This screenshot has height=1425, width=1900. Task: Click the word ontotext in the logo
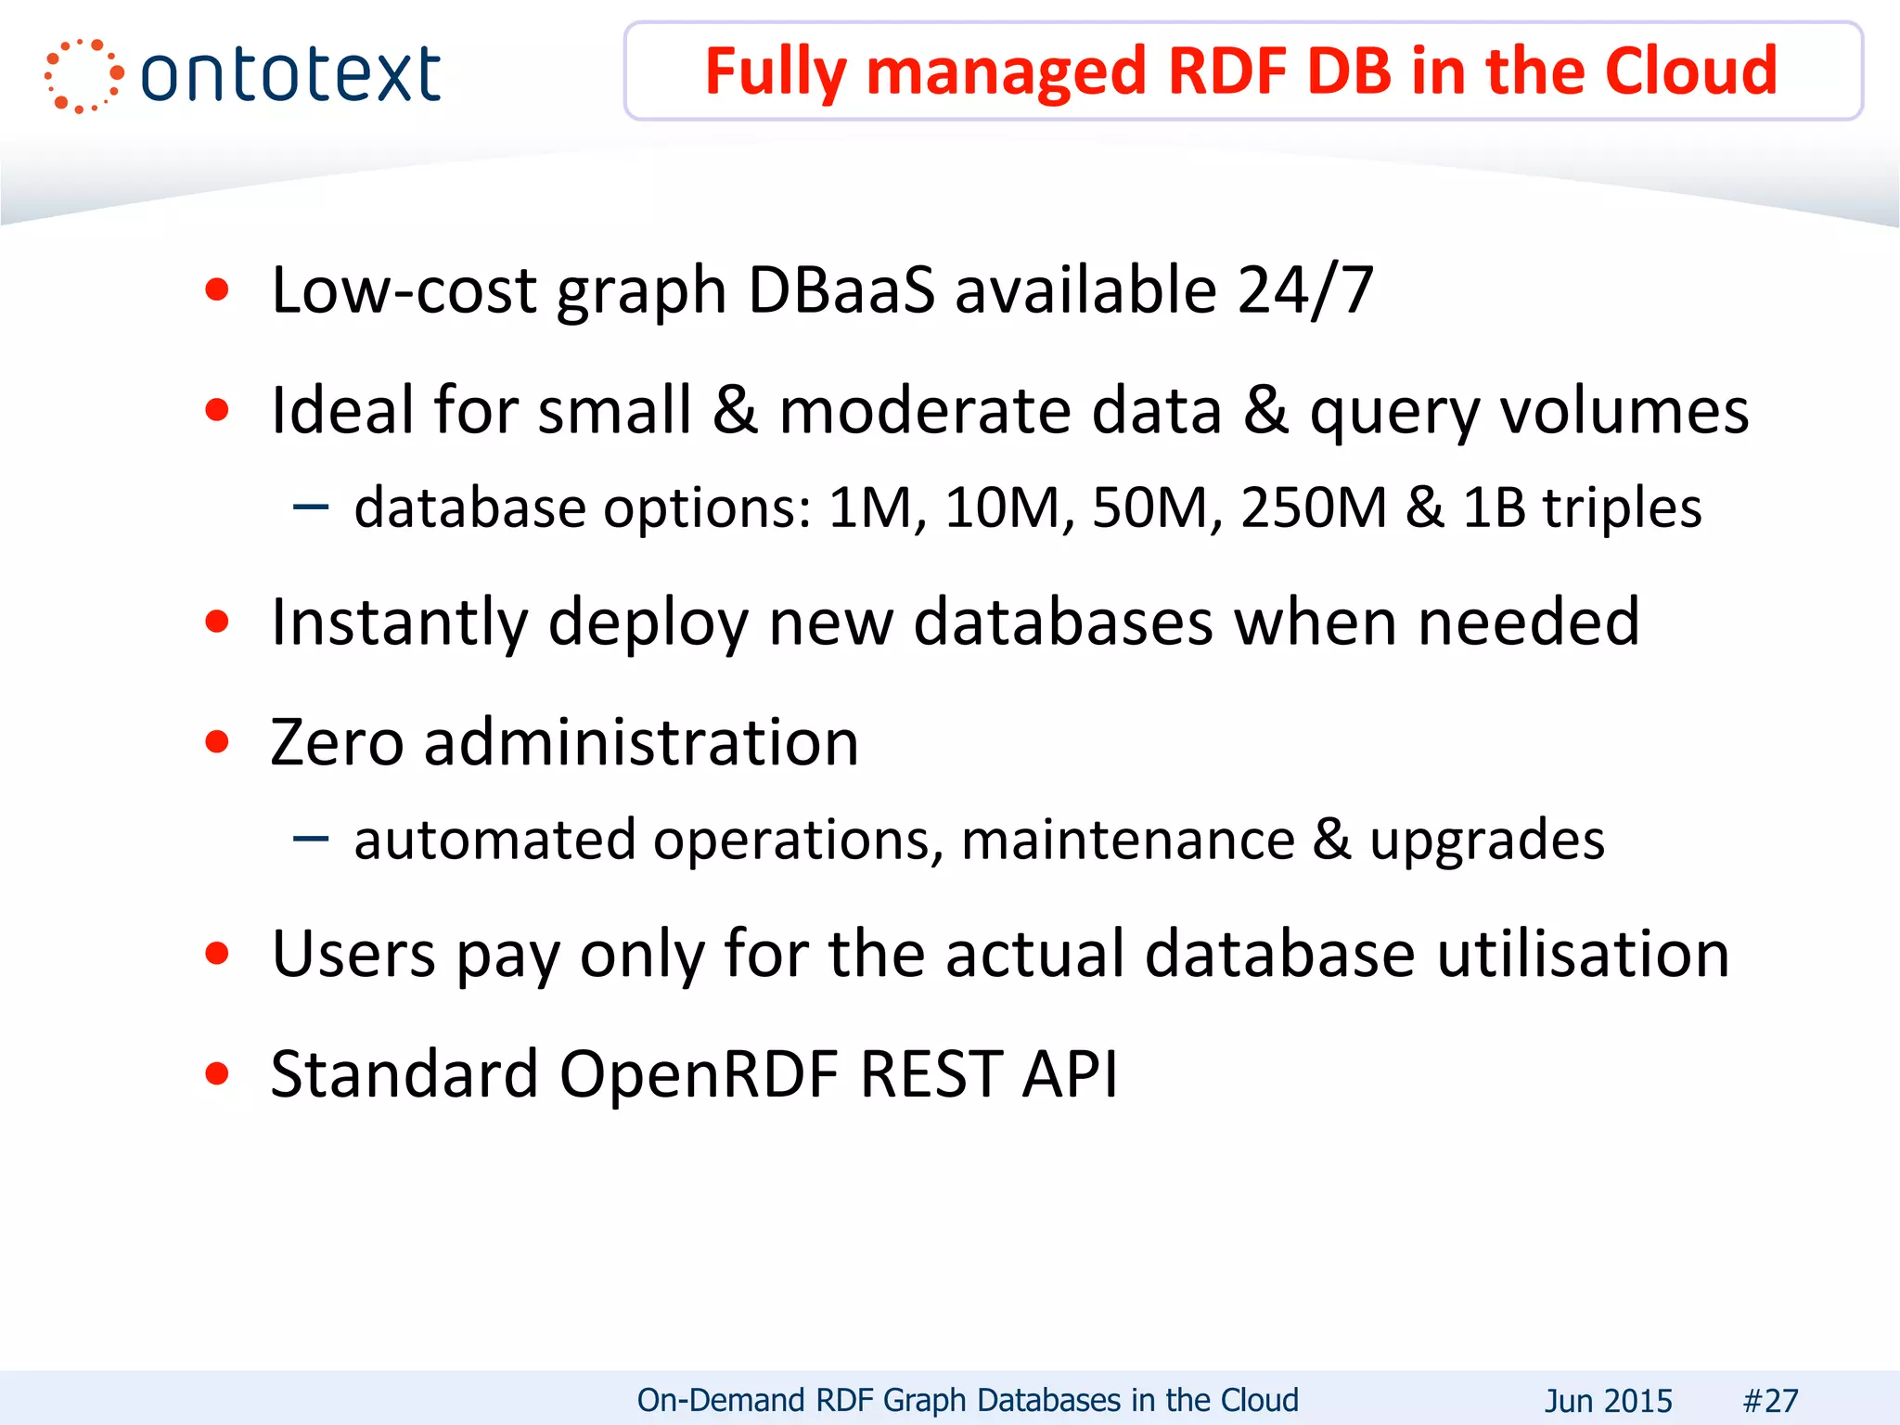coord(290,75)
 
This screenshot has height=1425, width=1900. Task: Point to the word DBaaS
coord(841,290)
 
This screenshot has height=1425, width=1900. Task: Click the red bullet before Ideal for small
coord(217,409)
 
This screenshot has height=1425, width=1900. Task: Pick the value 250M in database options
coord(1313,507)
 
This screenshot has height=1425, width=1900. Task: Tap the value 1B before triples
coord(1494,507)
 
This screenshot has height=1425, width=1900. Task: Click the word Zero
coord(337,742)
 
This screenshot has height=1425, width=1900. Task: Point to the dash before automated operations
coord(311,839)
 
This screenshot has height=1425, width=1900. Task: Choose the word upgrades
coord(1487,841)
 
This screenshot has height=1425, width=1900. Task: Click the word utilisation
coord(1583,954)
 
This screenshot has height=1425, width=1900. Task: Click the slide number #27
coord(1770,1400)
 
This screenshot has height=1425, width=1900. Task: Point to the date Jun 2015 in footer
coord(1608,1400)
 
